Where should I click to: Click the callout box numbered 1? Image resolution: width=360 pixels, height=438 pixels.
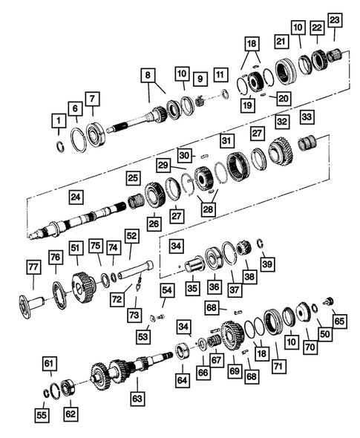(x=57, y=120)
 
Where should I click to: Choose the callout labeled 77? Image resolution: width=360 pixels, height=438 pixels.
(x=33, y=269)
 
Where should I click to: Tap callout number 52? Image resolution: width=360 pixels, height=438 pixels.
(x=131, y=236)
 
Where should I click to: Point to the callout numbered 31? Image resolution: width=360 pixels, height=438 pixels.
(x=226, y=139)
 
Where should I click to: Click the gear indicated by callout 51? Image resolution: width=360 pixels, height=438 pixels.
(x=82, y=286)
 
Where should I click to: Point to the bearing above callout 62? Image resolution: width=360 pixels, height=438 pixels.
(x=68, y=386)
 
